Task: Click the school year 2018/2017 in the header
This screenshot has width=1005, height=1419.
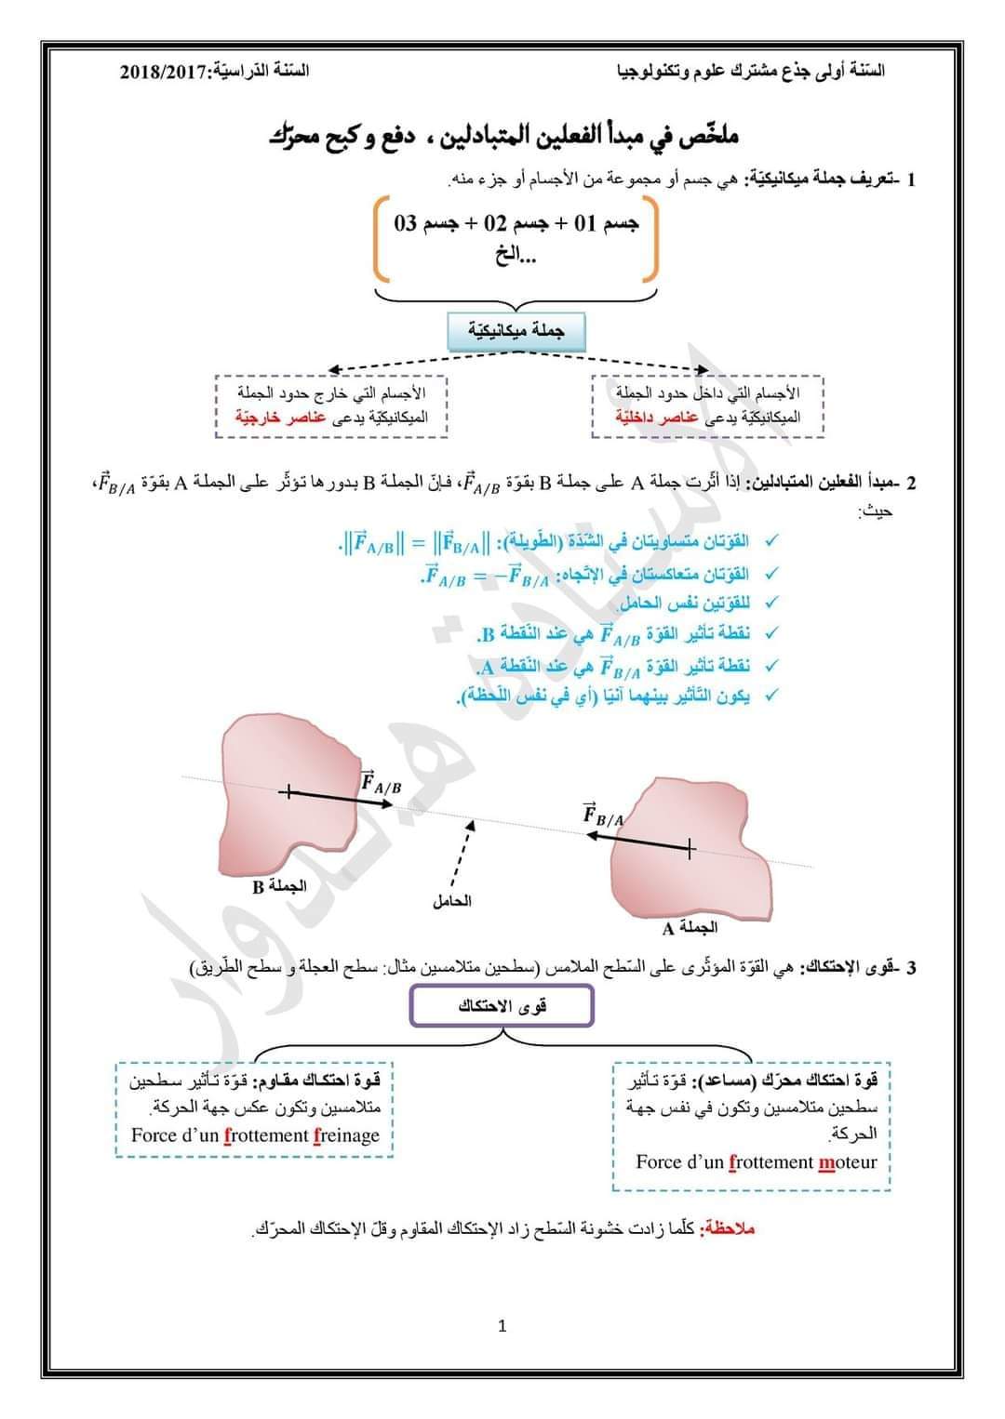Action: pos(166,72)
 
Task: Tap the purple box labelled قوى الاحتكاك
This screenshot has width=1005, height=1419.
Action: pos(502,1006)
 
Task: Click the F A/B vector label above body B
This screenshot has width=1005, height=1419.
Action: pos(381,782)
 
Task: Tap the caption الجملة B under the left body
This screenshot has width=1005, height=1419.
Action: pos(278,886)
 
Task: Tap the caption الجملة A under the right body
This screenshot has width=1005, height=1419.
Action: pos(690,927)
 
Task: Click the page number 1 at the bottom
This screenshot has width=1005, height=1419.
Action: pos(502,1326)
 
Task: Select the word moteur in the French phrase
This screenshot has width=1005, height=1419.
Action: pos(848,1161)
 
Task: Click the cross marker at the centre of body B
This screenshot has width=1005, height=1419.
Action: pos(288,792)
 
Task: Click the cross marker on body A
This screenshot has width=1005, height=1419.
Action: pos(689,847)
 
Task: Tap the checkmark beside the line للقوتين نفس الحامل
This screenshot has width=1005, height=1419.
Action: pos(770,603)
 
